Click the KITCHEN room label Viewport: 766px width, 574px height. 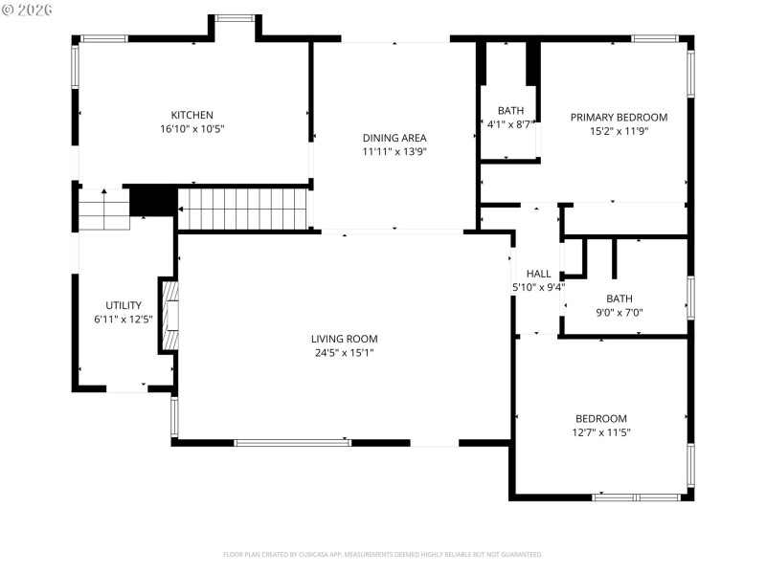tap(191, 115)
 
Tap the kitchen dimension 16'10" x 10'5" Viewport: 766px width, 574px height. tap(191, 128)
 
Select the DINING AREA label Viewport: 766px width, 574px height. tap(394, 138)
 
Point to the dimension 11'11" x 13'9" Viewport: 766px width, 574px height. tap(394, 151)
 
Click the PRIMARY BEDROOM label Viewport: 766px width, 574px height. tap(619, 118)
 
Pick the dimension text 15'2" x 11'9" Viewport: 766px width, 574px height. tap(619, 131)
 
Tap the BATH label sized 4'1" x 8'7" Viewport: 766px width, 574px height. tap(509, 111)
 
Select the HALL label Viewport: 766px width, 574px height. tap(538, 274)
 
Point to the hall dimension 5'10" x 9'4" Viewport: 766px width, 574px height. tap(538, 287)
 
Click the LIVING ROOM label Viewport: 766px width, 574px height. tap(344, 339)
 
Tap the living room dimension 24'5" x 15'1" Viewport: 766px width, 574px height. tap(344, 352)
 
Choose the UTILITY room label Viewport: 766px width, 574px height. tap(124, 305)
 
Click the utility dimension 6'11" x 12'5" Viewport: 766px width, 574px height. tap(124, 319)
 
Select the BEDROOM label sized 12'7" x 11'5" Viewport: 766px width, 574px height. tap(600, 418)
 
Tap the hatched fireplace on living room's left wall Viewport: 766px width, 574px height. tap(169, 317)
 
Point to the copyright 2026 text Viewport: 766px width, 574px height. tap(28, 9)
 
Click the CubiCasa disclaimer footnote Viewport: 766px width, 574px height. tap(383, 554)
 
